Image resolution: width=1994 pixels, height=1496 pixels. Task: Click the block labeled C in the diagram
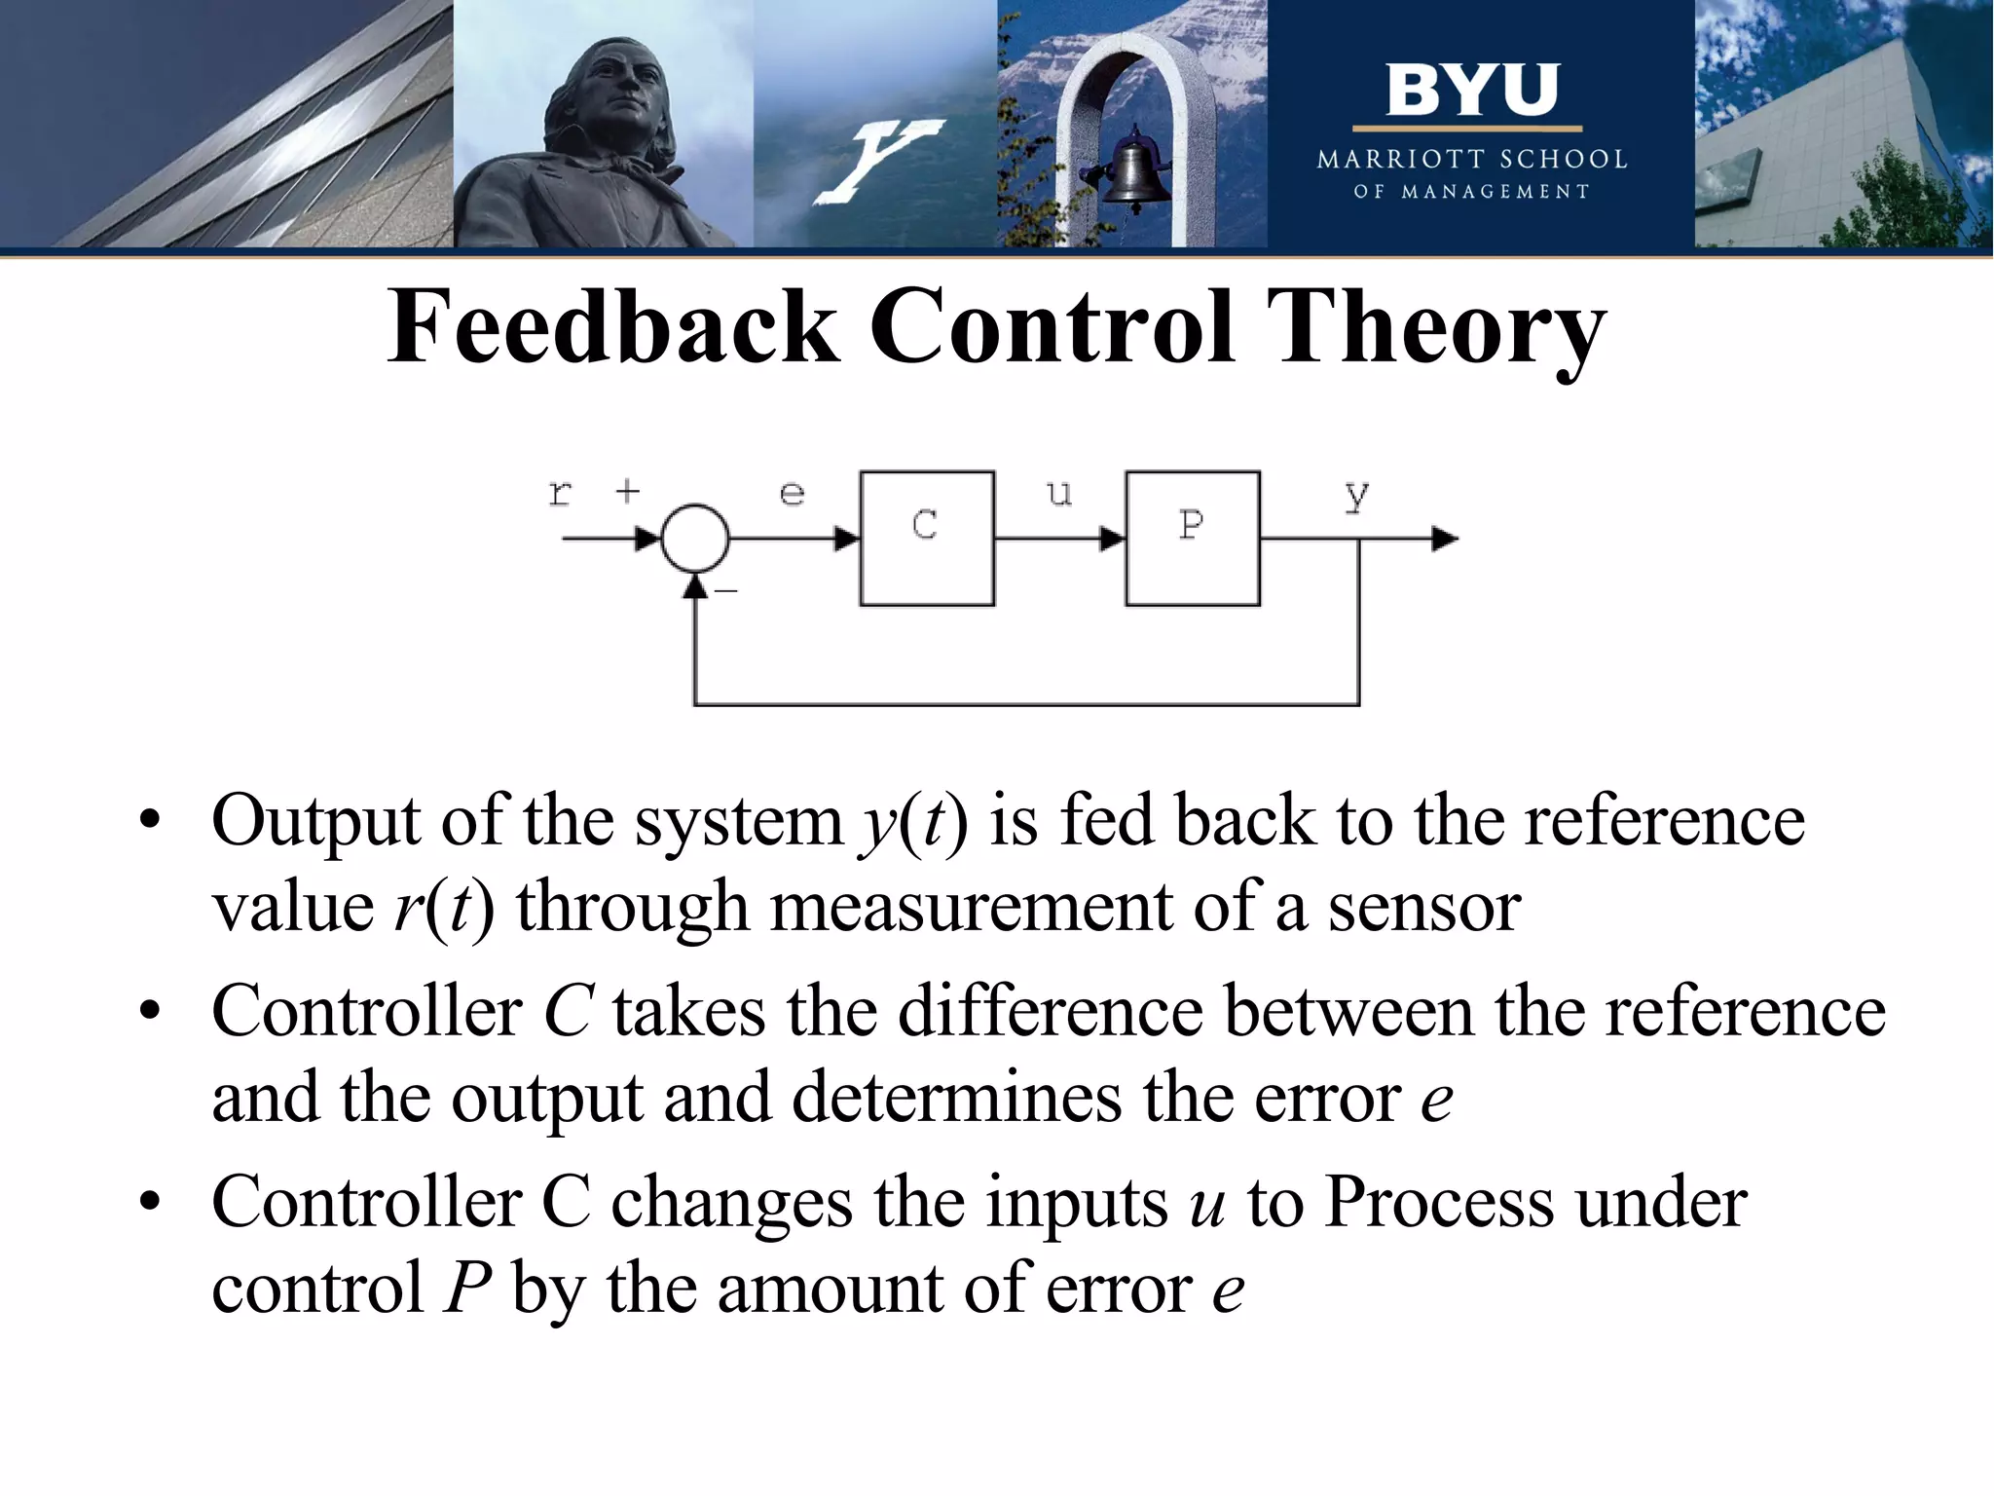click(926, 538)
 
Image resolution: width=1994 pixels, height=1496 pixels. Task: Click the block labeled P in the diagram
click(1192, 538)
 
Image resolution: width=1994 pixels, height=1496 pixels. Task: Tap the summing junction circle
click(694, 538)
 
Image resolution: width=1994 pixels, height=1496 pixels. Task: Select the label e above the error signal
click(793, 494)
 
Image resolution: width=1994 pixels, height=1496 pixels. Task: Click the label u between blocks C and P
click(1059, 494)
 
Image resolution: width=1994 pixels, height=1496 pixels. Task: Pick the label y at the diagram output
click(1356, 497)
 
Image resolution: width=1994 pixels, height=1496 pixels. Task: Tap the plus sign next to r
click(628, 491)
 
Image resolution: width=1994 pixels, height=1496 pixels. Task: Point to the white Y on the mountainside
click(876, 161)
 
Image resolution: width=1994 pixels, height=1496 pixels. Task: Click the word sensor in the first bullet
click(1423, 907)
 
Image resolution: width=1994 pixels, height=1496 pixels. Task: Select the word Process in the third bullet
click(1439, 1202)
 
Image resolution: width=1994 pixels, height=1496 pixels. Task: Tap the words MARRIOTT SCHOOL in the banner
click(1471, 160)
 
